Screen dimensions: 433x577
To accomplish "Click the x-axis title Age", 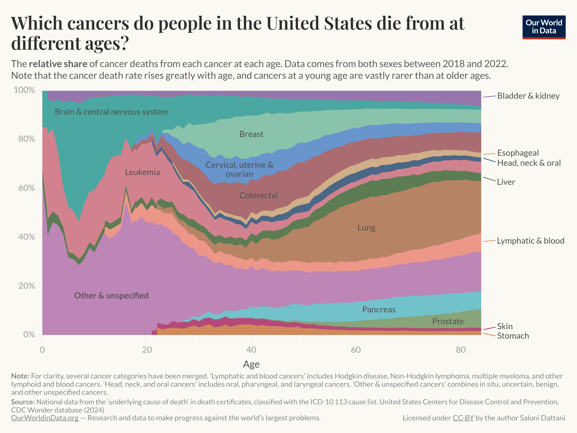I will [x=251, y=364].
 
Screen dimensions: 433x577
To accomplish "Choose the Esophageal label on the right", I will [x=518, y=153].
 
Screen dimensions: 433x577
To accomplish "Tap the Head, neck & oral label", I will [x=529, y=163].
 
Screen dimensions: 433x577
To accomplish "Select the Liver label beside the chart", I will [x=506, y=182].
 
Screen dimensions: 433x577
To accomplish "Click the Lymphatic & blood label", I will [x=530, y=241].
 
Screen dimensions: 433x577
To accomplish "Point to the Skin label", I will [x=505, y=326].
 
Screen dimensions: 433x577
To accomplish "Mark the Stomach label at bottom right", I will [x=513, y=336].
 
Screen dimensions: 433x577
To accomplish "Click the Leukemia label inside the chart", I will [x=142, y=172].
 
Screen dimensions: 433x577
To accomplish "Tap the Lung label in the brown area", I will [x=366, y=228].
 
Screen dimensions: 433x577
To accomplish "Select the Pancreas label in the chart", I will [x=379, y=310].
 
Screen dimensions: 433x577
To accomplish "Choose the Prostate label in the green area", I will [x=448, y=321].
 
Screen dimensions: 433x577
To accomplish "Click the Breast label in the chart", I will [x=251, y=134].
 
